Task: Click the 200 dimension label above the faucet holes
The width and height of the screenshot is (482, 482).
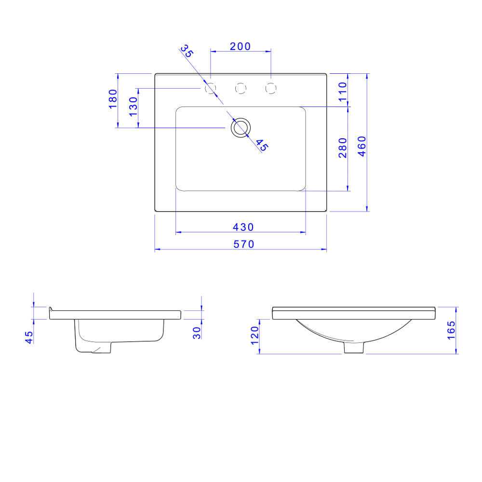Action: [x=240, y=46]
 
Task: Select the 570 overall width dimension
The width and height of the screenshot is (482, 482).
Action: [x=244, y=244]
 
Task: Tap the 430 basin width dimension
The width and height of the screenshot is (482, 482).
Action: [x=243, y=227]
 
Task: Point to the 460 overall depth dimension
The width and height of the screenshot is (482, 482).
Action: [x=361, y=146]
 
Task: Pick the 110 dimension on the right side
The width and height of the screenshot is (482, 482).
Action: [x=343, y=91]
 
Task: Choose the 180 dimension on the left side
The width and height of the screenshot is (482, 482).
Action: [x=113, y=99]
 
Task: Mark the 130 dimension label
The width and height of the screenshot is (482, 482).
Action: [x=133, y=105]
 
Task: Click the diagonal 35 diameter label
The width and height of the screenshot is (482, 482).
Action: [x=186, y=51]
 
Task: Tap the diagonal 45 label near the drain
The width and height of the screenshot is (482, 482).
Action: [x=261, y=145]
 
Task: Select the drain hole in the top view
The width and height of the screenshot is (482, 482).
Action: [x=241, y=128]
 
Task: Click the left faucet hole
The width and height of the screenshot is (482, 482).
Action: [x=211, y=89]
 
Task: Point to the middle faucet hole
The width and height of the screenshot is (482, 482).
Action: [x=241, y=89]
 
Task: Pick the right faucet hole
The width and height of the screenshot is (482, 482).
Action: [x=271, y=89]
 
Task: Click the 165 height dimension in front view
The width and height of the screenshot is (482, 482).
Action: [x=451, y=330]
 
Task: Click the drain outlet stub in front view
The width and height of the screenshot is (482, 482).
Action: [x=354, y=348]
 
